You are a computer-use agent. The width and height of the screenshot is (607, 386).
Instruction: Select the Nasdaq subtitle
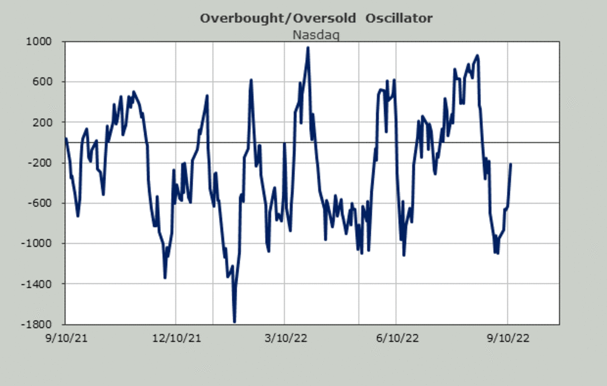[316, 35]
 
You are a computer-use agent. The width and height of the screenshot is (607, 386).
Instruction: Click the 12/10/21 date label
[175, 339]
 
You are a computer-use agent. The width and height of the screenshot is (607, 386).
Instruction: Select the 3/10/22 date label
[284, 339]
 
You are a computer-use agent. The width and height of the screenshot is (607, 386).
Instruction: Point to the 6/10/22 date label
[396, 339]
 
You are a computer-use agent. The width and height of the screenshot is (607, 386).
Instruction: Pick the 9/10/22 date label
[507, 339]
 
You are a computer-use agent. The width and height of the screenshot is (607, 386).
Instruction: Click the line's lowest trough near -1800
[234, 321]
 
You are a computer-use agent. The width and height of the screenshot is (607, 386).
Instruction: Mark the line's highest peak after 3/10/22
[308, 48]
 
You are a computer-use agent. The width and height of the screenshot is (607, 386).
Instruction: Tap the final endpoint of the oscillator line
[511, 164]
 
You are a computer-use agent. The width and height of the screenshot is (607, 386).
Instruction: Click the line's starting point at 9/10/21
[66, 138]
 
